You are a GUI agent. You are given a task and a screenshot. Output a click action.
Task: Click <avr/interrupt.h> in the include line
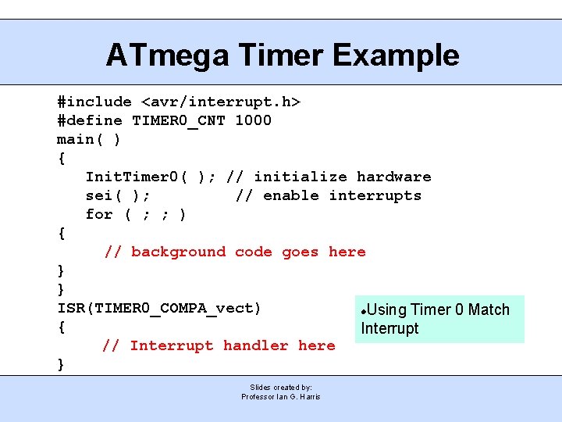coord(221,102)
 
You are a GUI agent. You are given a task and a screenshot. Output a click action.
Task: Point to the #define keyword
coord(90,120)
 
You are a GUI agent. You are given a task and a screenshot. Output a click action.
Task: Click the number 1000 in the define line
coord(253,120)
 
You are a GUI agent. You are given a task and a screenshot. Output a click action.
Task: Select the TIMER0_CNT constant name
coord(179,120)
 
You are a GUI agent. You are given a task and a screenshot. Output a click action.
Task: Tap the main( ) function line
coord(89,139)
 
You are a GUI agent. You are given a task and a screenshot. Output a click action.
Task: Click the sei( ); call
coord(118,195)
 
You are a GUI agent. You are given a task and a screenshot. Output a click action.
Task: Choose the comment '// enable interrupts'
coord(328,195)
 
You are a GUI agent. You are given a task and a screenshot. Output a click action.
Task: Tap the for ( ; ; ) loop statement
coord(136,214)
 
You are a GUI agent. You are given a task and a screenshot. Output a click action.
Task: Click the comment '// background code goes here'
coord(235,252)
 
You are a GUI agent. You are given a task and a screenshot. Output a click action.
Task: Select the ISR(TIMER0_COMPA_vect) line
coord(159,308)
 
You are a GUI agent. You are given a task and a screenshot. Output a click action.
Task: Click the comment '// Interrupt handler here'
coord(219,345)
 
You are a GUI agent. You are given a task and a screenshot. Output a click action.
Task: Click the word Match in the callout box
coord(489,309)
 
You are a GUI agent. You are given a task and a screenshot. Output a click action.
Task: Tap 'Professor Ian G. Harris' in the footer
coord(281,397)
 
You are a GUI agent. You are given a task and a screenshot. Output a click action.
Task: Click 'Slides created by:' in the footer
coord(281,387)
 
